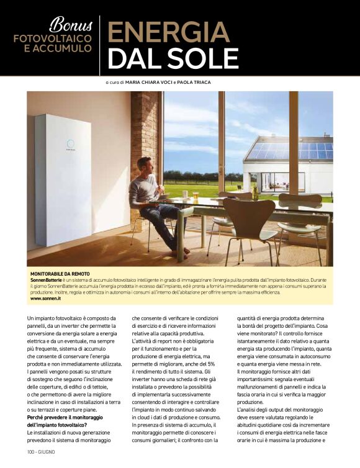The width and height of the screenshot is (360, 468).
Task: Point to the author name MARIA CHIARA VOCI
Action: pos(156,83)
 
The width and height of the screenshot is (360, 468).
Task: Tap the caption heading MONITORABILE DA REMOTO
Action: pos(60,274)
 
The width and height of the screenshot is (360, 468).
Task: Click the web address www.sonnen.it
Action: pos(45,299)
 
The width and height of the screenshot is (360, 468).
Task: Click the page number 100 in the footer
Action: pos(32,451)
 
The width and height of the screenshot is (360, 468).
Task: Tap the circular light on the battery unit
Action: pos(70,144)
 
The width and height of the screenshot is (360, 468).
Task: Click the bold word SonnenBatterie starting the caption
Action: pos(47,280)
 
